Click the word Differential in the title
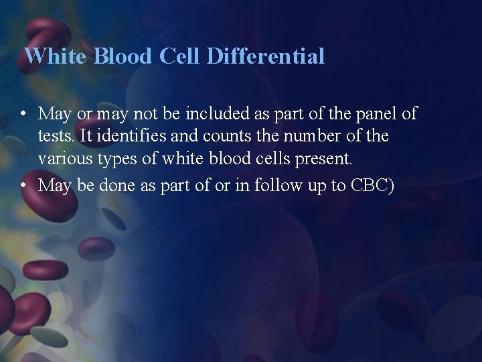(266, 56)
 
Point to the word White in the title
(56, 56)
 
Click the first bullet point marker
(23, 114)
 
